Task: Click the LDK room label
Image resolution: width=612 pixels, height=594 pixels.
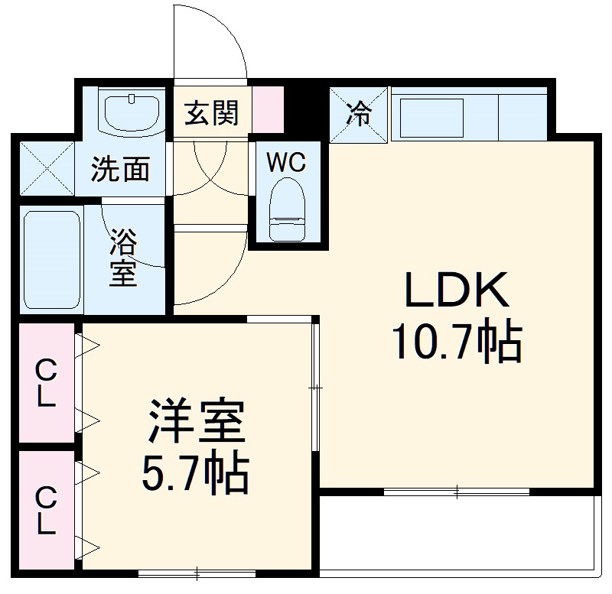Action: click(x=457, y=292)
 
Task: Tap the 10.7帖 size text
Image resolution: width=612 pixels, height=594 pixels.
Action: click(x=457, y=342)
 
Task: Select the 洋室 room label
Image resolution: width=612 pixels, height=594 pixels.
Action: click(x=196, y=422)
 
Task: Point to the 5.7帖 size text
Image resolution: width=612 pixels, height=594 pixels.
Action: click(x=196, y=475)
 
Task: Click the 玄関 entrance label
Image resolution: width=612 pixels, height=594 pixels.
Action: click(x=211, y=113)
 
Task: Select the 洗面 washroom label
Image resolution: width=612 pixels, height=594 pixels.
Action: click(x=120, y=169)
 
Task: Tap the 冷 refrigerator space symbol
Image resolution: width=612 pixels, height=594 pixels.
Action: click(x=359, y=115)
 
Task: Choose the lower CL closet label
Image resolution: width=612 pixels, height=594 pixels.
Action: click(x=47, y=510)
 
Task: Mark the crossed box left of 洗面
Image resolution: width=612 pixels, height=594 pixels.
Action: click(x=46, y=167)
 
